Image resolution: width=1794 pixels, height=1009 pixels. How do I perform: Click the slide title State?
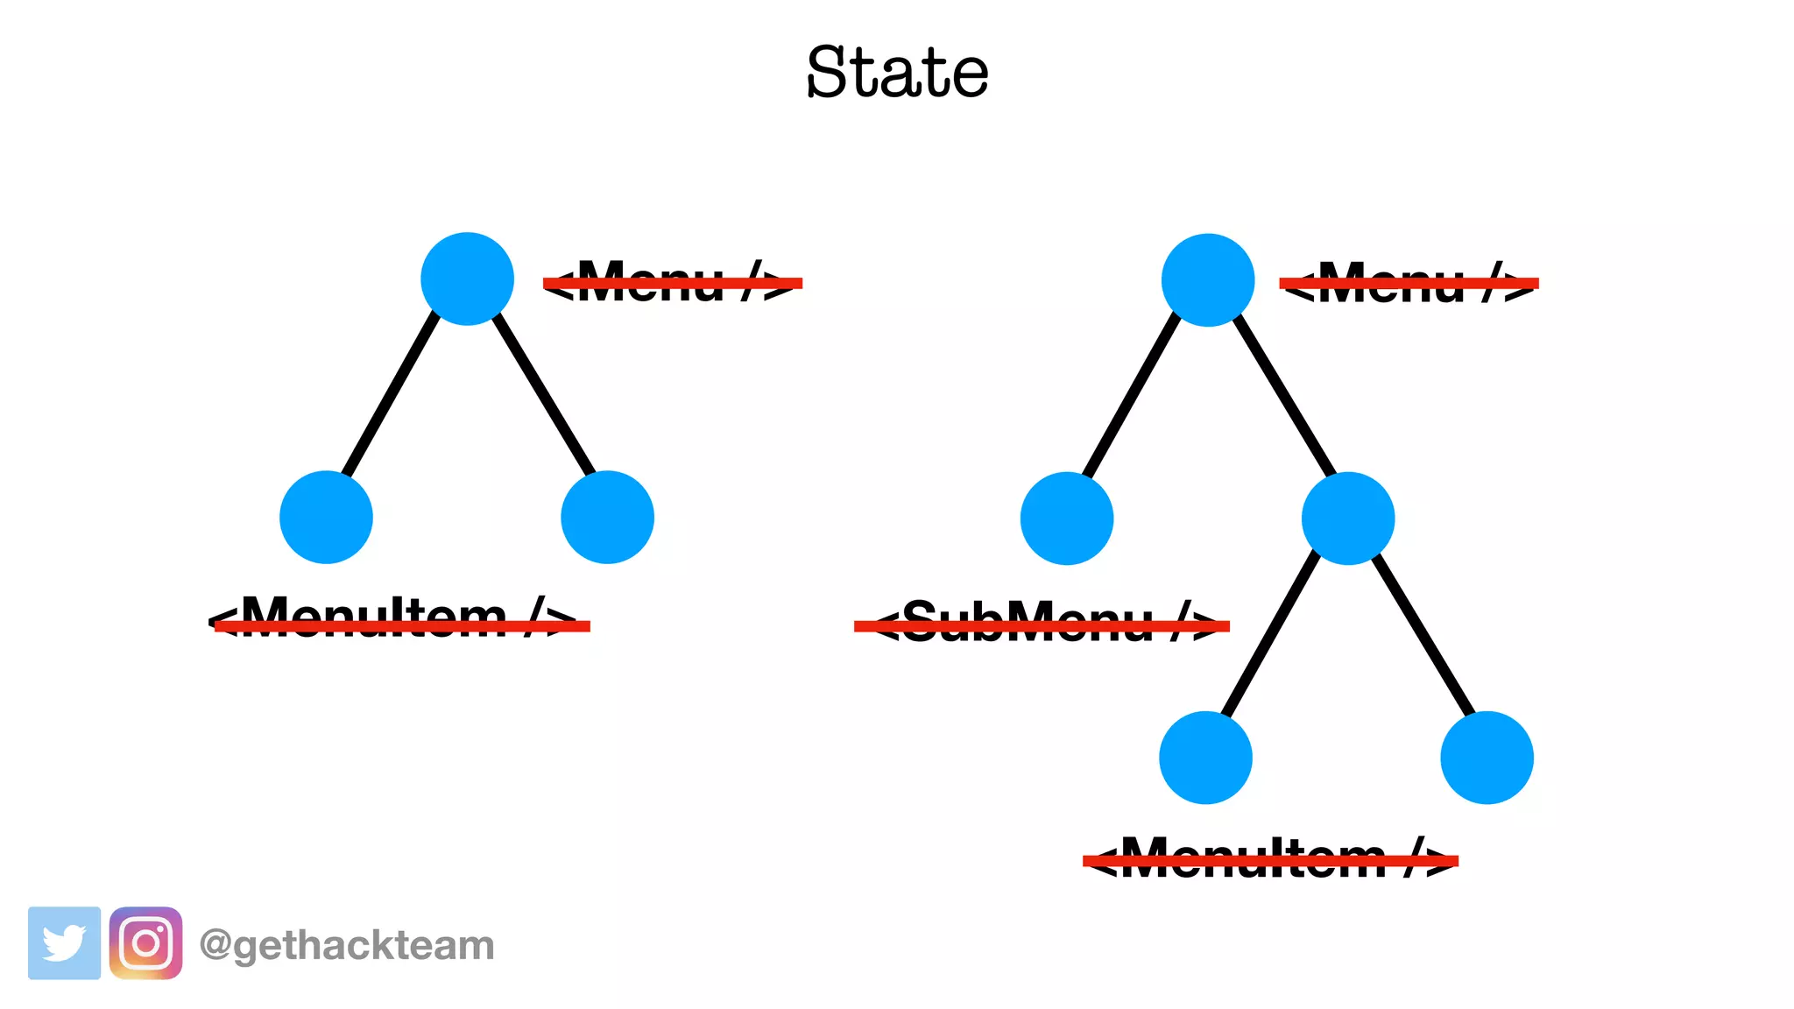point(897,72)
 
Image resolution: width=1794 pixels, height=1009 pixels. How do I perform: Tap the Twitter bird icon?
point(64,943)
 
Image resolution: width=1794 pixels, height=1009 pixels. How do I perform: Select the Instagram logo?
point(145,943)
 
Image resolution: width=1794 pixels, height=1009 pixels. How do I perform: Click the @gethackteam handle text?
point(347,945)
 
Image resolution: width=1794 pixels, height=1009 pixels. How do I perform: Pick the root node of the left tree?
point(467,279)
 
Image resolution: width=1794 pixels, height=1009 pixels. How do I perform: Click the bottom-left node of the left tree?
point(326,517)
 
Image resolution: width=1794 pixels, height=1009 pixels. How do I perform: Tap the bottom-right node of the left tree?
point(607,517)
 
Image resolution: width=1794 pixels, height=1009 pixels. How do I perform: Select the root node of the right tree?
point(1208,279)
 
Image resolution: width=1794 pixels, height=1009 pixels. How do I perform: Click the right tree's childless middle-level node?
point(1067,519)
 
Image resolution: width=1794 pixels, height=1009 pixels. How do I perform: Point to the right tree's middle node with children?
point(1348,519)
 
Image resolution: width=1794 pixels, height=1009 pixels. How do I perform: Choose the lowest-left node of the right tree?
point(1205,758)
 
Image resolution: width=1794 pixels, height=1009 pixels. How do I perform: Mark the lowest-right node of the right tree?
point(1487,758)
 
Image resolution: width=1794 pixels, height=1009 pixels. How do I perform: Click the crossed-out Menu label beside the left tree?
point(673,282)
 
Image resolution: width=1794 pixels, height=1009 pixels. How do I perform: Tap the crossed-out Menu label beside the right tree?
point(1409,282)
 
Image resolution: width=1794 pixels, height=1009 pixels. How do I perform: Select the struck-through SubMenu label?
point(1042,624)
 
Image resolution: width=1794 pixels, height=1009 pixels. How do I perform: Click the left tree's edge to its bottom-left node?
point(392,396)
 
